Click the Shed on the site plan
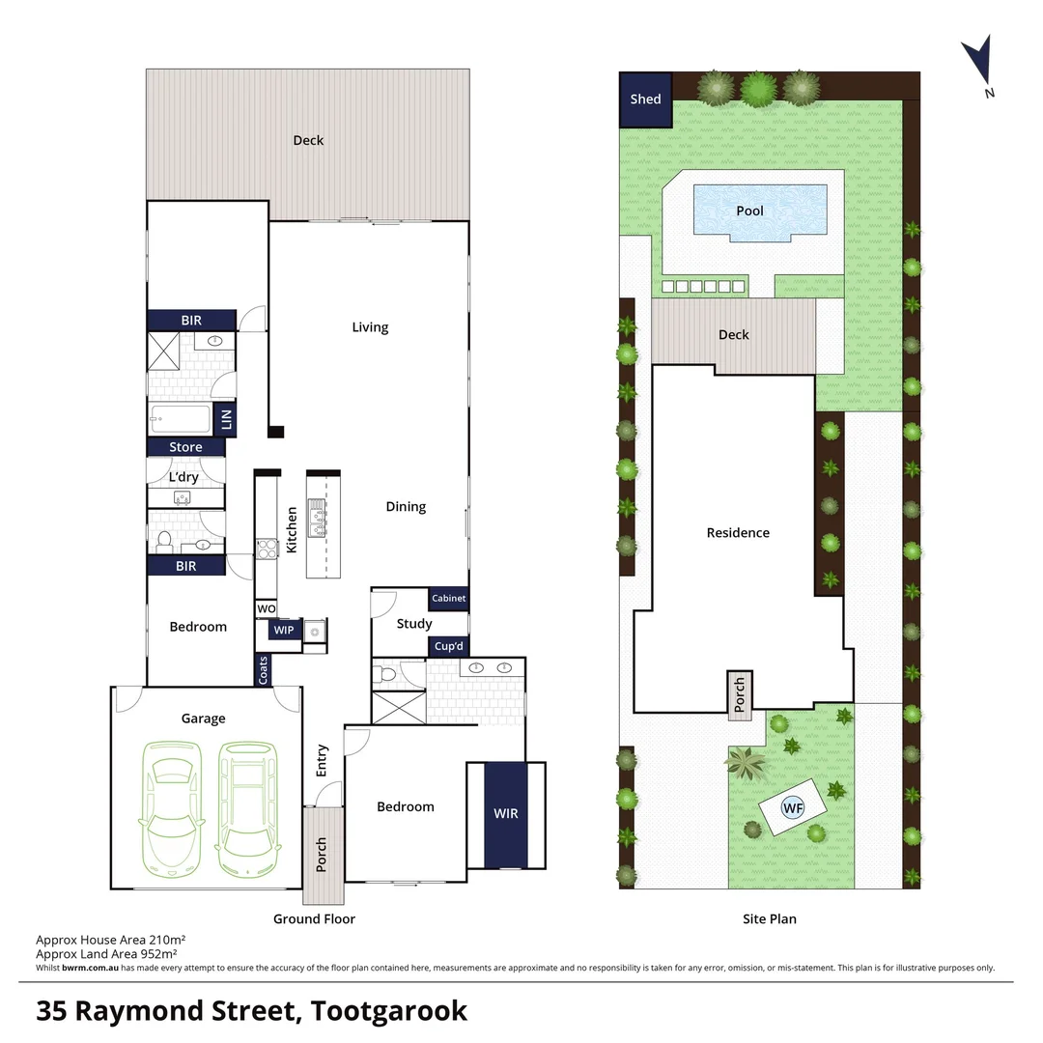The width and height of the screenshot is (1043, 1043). (x=645, y=99)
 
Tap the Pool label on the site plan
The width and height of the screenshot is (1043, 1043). (x=750, y=211)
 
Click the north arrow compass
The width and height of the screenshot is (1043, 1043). (x=979, y=62)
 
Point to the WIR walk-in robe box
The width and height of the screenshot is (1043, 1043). (x=506, y=814)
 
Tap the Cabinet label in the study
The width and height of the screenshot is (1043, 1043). (x=448, y=599)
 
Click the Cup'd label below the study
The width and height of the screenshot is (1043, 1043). (x=447, y=646)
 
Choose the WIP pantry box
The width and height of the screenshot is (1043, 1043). (x=284, y=631)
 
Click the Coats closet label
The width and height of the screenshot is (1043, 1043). (x=263, y=669)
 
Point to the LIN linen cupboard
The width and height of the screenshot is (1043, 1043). (x=227, y=419)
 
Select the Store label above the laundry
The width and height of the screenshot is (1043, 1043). (x=185, y=447)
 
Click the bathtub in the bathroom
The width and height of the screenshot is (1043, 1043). (x=180, y=419)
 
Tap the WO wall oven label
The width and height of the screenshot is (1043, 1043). (x=266, y=609)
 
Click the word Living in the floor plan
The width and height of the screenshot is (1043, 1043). (x=370, y=327)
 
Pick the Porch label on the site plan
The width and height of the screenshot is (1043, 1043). (x=740, y=694)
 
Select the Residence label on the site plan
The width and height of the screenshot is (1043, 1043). (x=738, y=532)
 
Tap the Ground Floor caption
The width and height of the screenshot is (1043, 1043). (x=314, y=918)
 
